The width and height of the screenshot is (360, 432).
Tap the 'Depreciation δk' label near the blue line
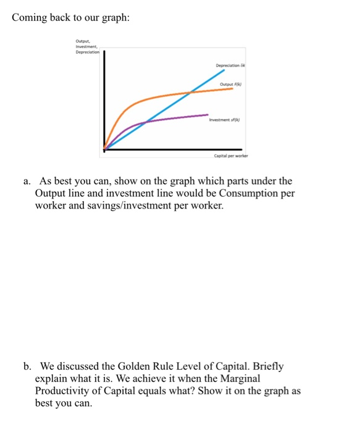[231, 65]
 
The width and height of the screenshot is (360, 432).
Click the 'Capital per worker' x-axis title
[230, 156]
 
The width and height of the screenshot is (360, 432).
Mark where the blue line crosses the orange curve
[190, 93]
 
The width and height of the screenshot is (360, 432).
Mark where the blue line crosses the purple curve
[144, 122]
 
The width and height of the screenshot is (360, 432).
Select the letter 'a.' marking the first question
[27, 181]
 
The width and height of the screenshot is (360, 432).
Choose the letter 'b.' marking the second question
[27, 366]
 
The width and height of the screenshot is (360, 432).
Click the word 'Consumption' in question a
[216, 193]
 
